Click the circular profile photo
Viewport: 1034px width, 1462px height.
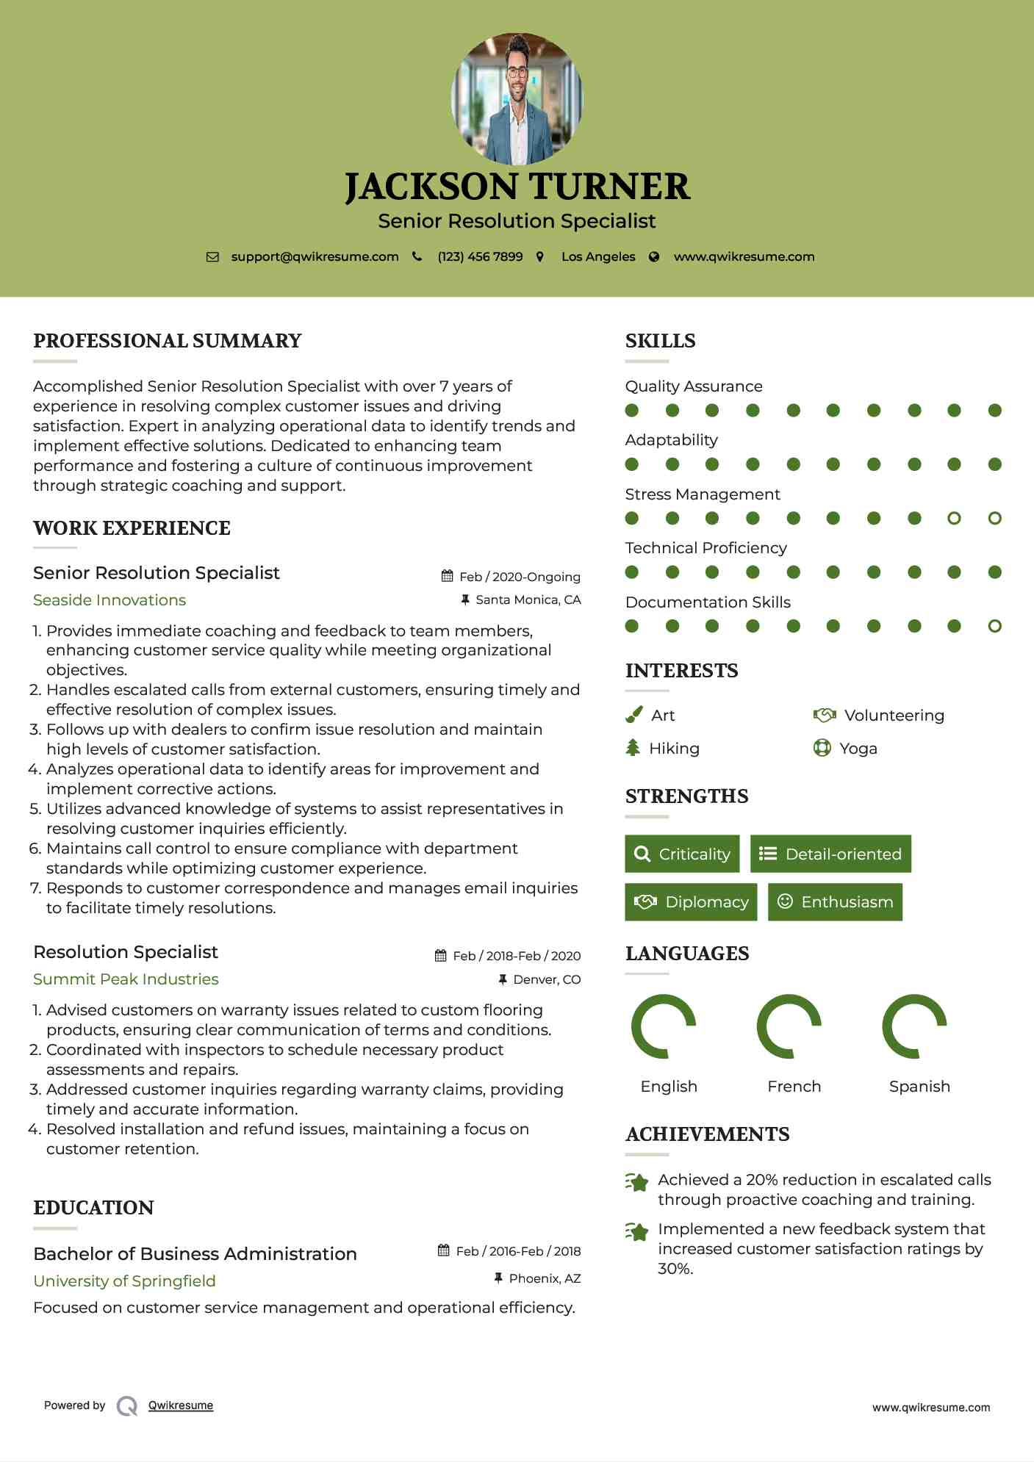[x=517, y=98]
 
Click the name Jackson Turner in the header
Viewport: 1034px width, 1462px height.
[x=517, y=187]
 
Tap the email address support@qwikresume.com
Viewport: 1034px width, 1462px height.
[x=315, y=256]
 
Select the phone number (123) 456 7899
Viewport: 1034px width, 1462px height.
[x=480, y=256]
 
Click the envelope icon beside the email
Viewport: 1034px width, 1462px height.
[x=212, y=256]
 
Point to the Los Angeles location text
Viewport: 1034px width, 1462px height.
[x=598, y=256]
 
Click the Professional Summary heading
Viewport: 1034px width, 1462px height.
[x=168, y=341]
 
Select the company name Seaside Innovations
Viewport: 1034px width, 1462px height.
[x=109, y=600]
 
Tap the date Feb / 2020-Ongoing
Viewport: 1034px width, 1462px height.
[x=520, y=577]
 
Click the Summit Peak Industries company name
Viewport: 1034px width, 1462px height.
[x=126, y=979]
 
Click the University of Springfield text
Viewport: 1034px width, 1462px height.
[x=124, y=1281]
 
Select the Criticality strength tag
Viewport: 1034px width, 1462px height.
[x=682, y=854]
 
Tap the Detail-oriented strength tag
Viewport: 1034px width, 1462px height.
[x=830, y=854]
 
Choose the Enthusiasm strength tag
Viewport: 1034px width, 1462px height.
[x=835, y=901]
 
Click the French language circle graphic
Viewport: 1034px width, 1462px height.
[x=789, y=1026]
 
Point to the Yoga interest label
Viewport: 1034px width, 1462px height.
[x=858, y=749]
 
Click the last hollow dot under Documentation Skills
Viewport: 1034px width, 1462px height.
[x=994, y=626]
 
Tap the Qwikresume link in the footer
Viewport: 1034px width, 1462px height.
[x=181, y=1405]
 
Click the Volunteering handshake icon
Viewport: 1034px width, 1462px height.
[x=825, y=715]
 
